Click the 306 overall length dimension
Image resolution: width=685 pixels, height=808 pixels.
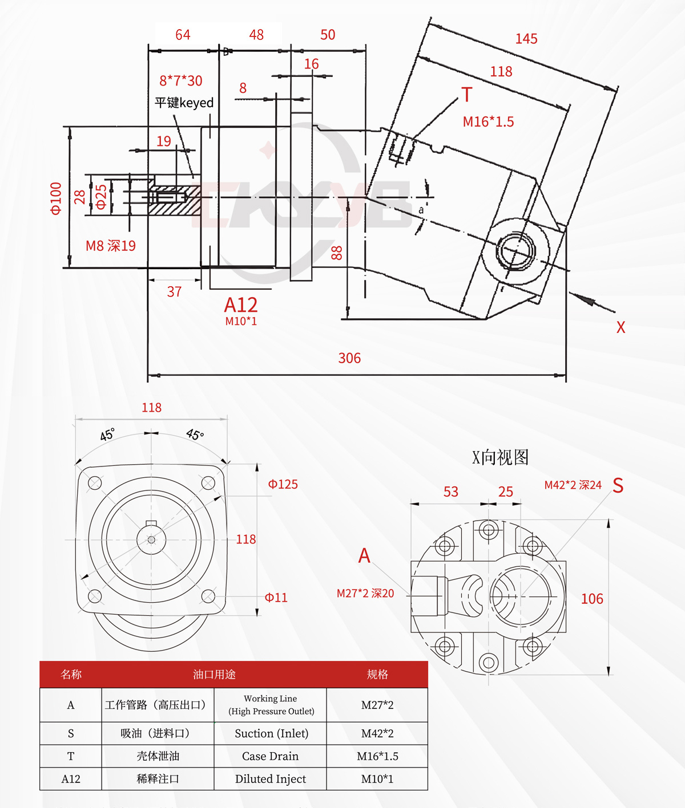point(349,358)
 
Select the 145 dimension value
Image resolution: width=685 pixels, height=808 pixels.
point(526,39)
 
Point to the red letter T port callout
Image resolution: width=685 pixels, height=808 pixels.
point(466,95)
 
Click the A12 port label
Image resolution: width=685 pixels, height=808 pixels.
point(241,305)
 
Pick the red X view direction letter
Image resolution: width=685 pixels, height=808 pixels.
point(620,327)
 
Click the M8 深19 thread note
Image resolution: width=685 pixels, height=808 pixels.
point(111,246)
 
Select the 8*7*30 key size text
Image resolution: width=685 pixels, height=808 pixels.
point(180,81)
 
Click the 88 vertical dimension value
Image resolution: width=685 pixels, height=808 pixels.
point(337,253)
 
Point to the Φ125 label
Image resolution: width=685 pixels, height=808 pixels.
point(283,484)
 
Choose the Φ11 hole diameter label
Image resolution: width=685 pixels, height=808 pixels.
point(276,597)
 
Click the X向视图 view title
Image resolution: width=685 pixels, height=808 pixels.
point(500,457)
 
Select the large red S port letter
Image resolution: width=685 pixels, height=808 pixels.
point(618,485)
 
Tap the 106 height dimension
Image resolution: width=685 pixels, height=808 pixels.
point(592,599)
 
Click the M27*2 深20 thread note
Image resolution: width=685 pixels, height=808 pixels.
point(365,594)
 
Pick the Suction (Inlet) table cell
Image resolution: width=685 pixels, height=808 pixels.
point(271,733)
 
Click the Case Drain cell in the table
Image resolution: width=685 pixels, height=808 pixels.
point(270,756)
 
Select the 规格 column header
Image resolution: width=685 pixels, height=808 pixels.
point(377,675)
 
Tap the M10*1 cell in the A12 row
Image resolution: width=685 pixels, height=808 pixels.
point(377,779)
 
